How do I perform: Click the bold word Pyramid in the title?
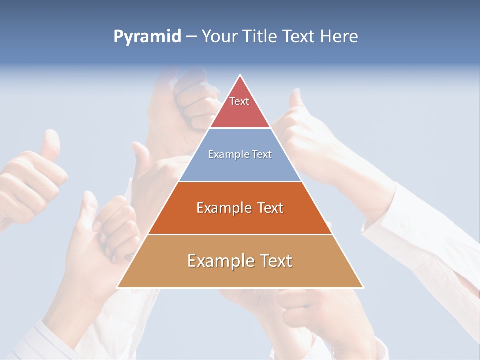147,37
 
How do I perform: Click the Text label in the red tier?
239,101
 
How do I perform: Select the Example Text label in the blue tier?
240,154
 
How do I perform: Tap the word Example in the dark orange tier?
223,208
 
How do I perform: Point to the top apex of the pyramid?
240,75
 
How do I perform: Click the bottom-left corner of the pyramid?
117,288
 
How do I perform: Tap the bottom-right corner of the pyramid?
363,288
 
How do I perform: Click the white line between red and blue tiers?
240,128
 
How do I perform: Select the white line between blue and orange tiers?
240,181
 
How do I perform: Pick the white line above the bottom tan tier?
240,235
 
